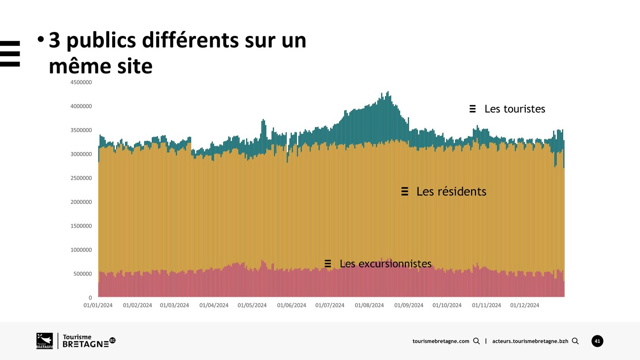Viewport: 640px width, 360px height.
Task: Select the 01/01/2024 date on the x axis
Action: click(98, 305)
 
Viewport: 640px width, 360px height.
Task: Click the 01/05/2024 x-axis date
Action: click(252, 305)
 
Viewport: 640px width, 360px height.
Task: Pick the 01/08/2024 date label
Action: click(369, 305)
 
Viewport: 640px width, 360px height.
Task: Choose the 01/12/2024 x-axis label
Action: click(525, 305)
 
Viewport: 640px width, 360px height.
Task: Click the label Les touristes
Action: click(514, 109)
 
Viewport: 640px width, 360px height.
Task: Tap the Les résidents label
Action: click(451, 192)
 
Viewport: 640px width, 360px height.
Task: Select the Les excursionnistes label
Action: click(385, 264)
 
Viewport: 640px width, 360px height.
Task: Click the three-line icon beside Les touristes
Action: click(473, 109)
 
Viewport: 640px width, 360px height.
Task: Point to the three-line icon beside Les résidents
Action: click(405, 192)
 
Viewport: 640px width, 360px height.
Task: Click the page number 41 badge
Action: click(597, 341)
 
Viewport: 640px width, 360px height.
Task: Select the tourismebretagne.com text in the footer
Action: click(441, 341)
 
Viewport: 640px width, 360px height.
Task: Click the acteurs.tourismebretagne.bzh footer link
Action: click(530, 341)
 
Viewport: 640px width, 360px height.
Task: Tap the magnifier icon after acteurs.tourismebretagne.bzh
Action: click(575, 341)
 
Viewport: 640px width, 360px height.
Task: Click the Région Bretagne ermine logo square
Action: click(44, 341)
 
